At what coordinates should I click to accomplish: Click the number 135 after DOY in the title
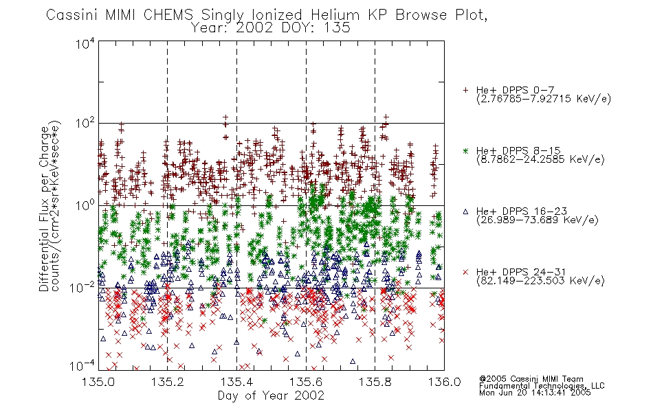(336, 28)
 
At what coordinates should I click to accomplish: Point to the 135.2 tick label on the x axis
(168, 382)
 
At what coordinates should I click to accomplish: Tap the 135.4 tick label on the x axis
(236, 382)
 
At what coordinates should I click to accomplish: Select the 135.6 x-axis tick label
(306, 382)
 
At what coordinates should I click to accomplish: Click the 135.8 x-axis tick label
(375, 382)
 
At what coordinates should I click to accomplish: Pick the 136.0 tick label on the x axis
(444, 382)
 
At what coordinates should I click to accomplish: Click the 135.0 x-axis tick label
(98, 382)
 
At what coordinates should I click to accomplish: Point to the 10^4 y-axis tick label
(85, 43)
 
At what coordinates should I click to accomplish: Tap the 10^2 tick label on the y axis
(85, 124)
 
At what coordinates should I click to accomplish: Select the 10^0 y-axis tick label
(85, 205)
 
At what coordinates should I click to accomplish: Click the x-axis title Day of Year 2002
(271, 396)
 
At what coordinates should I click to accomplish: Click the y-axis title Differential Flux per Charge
(44, 209)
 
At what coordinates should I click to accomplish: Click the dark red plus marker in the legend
(466, 90)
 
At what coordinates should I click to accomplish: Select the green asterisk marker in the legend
(466, 150)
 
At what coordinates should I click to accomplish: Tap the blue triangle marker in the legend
(466, 211)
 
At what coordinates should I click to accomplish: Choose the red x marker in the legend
(466, 272)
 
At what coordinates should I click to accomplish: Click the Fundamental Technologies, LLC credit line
(542, 386)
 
